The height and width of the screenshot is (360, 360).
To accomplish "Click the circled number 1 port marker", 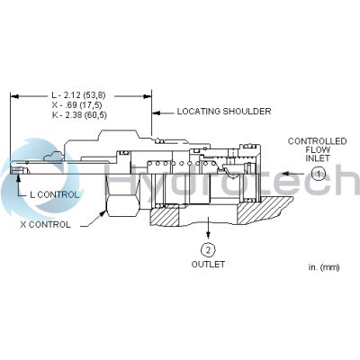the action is click(x=319, y=174).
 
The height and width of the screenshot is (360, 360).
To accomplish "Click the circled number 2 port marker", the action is click(x=208, y=249).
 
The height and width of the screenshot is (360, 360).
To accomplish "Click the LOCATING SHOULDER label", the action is click(x=224, y=112).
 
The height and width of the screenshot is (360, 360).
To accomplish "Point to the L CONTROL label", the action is click(x=54, y=194).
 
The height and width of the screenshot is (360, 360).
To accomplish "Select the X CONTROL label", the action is click(x=46, y=224).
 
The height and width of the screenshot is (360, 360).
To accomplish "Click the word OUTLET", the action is click(x=208, y=265).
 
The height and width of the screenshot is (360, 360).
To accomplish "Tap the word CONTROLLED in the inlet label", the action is click(x=318, y=141).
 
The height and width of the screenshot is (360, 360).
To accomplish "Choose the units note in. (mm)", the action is click(x=324, y=267).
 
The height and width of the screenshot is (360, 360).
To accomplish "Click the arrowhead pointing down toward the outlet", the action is click(x=208, y=233).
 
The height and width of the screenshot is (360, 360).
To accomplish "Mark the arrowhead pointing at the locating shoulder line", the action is click(x=156, y=112).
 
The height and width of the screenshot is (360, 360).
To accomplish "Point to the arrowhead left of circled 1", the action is click(x=288, y=174).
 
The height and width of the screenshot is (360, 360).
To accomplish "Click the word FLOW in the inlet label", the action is click(x=318, y=149).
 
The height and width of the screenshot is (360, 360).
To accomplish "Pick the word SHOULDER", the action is click(x=247, y=112).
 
